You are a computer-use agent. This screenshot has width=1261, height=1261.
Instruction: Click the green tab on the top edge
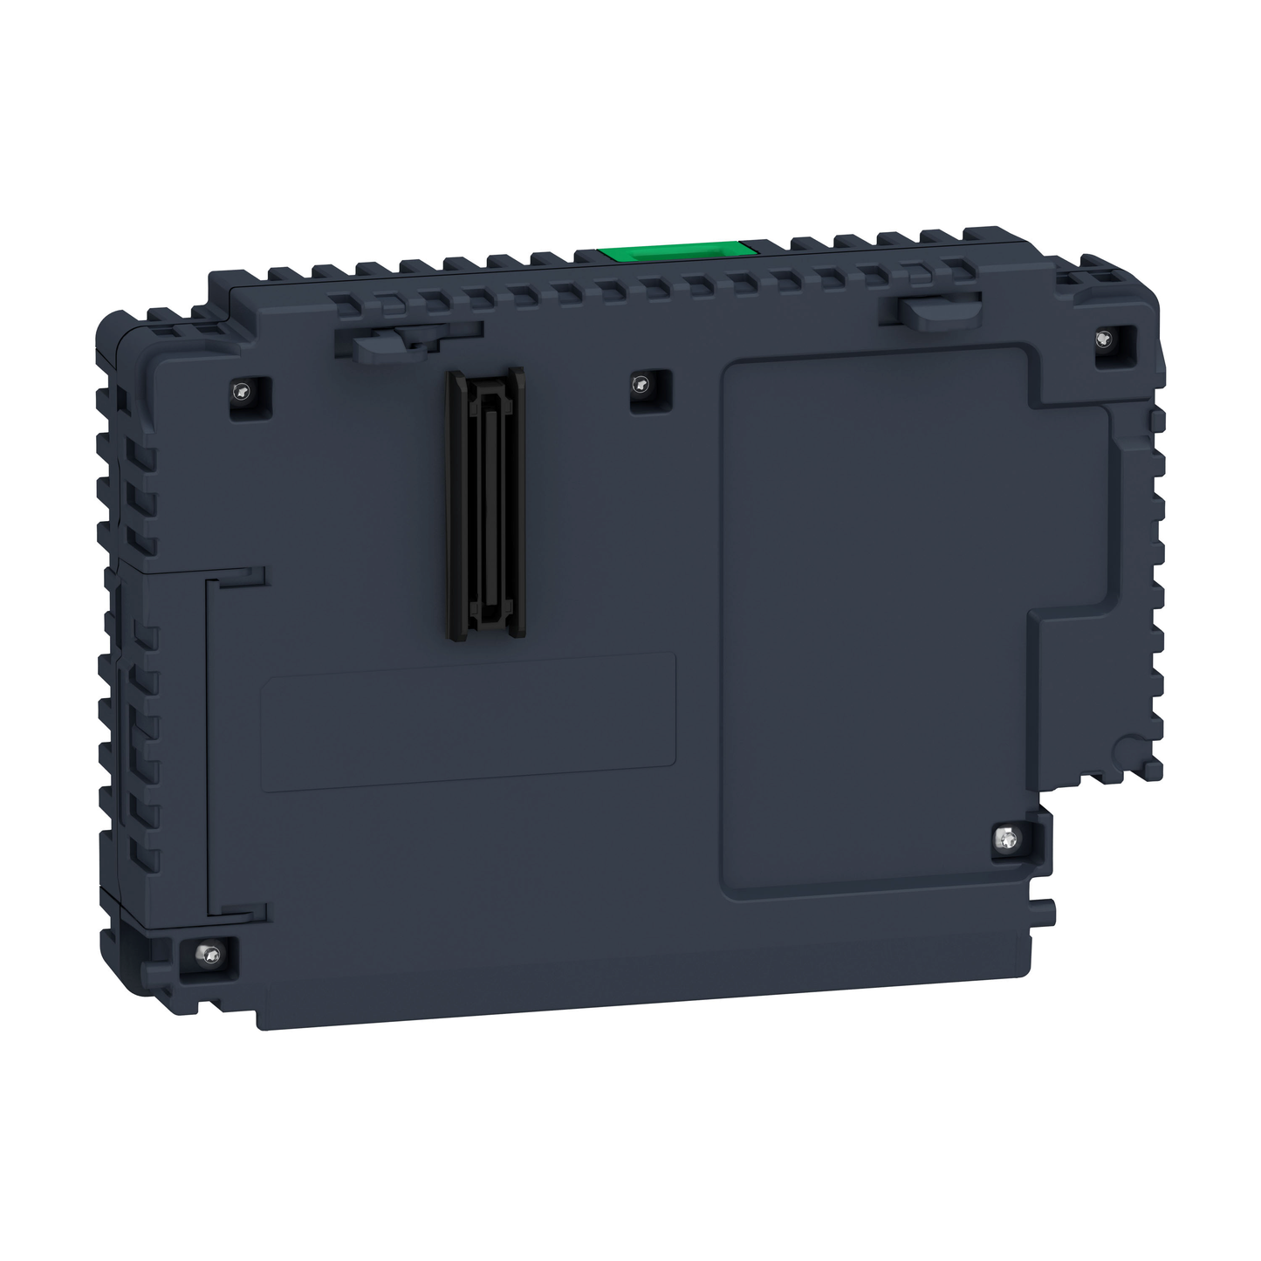[x=675, y=250]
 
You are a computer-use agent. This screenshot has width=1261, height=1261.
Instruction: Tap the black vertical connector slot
[x=485, y=501]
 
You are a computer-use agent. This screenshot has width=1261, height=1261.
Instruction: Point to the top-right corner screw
[x=1106, y=340]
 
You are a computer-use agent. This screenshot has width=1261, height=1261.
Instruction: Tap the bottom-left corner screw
[x=209, y=955]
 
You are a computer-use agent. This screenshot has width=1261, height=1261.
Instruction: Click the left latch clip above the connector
[x=384, y=343]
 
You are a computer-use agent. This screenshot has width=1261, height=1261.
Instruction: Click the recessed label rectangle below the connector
[x=469, y=723]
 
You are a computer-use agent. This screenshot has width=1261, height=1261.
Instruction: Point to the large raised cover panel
[x=873, y=611]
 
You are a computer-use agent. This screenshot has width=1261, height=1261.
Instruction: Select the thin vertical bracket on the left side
[x=209, y=742]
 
